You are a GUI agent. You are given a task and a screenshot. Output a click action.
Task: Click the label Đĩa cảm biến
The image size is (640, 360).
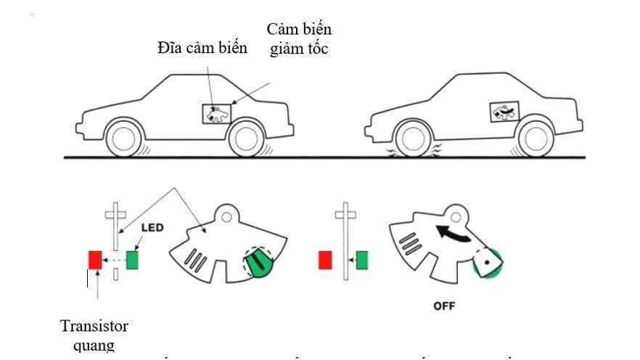(x=202, y=49)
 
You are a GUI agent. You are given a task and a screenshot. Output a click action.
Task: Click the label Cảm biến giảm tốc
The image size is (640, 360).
(x=299, y=39)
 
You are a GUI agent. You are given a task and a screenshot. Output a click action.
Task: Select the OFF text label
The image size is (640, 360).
(x=444, y=306)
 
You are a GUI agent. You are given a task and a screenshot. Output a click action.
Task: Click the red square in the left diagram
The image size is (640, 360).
(x=95, y=259)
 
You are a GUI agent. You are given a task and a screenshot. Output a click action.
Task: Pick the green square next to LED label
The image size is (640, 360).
(x=132, y=259)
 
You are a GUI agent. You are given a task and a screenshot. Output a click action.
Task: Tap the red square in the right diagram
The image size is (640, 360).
(x=325, y=259)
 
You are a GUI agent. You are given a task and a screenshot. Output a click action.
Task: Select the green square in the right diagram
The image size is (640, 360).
(x=361, y=259)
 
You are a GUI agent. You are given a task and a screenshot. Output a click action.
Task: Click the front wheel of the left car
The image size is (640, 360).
(x=124, y=138)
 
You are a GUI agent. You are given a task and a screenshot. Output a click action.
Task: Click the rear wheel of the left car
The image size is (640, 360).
(x=246, y=138)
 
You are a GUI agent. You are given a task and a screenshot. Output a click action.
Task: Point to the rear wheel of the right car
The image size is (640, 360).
(x=535, y=138)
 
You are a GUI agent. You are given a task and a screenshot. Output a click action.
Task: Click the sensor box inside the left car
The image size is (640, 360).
(x=216, y=113)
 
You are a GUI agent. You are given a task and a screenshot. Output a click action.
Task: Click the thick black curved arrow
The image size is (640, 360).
(x=451, y=234)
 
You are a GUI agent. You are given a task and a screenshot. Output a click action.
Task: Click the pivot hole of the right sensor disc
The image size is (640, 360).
(x=458, y=216)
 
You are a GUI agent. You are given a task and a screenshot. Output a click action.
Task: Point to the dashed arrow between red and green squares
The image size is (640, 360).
(x=114, y=259)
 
